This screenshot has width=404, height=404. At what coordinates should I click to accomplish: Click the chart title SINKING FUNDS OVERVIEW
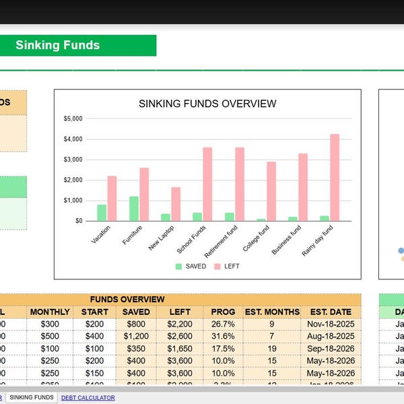[207, 104]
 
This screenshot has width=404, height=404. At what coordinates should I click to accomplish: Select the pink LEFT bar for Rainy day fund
[335, 177]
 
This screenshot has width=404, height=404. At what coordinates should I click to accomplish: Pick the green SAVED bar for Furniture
[134, 208]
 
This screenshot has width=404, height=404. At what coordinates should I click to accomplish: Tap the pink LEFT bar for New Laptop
[176, 203]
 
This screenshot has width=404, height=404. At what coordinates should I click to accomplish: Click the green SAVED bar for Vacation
[102, 212]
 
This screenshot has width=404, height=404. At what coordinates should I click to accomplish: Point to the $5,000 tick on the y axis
[73, 119]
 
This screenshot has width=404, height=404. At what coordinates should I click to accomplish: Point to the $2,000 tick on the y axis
[73, 180]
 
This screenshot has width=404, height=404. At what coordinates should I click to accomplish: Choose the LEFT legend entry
[227, 266]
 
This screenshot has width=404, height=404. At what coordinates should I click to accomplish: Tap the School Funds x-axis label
[192, 240]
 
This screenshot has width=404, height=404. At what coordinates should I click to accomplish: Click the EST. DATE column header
[331, 312]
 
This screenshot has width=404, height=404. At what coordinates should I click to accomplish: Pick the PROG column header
[223, 312]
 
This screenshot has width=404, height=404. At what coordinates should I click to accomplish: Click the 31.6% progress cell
[223, 336]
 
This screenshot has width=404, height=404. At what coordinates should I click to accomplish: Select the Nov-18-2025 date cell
[331, 324]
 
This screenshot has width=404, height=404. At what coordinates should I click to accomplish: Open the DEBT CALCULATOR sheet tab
[88, 398]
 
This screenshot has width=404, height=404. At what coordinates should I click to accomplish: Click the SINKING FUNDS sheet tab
[32, 398]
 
